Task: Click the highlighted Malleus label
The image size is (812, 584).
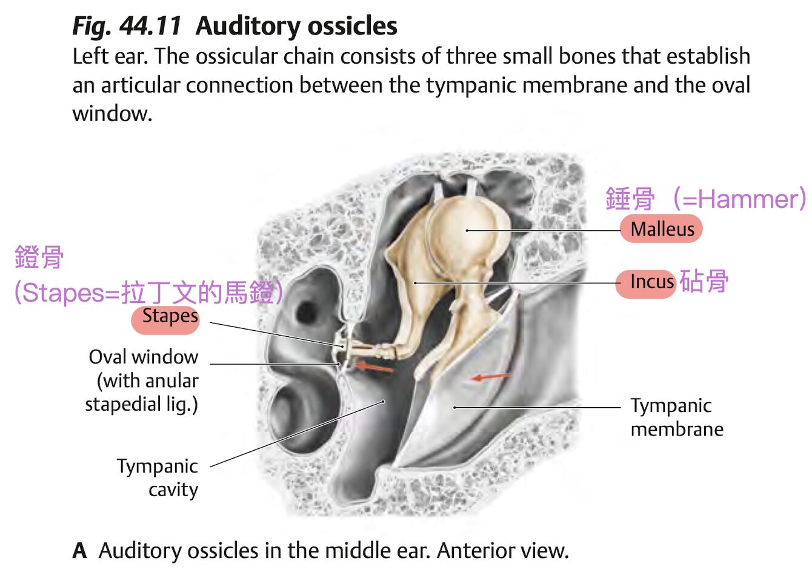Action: pyautogui.click(x=661, y=229)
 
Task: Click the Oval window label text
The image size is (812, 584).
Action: pyautogui.click(x=144, y=357)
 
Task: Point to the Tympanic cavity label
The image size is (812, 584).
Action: pyautogui.click(x=158, y=478)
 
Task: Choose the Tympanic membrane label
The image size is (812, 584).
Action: pyautogui.click(x=677, y=417)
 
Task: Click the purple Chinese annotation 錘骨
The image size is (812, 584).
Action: pyautogui.click(x=630, y=198)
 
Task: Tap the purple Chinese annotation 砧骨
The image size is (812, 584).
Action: pyautogui.click(x=704, y=281)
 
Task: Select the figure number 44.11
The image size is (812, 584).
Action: pyautogui.click(x=150, y=26)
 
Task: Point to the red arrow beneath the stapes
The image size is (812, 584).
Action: pyautogui.click(x=374, y=367)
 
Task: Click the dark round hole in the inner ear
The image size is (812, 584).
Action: pyautogui.click(x=305, y=314)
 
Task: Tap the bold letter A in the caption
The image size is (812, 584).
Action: pyautogui.click(x=80, y=551)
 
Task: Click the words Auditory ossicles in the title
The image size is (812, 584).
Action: pyautogui.click(x=296, y=26)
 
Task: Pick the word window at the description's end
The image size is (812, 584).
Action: pyautogui.click(x=112, y=114)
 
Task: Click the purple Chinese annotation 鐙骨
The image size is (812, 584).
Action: pyautogui.click(x=39, y=257)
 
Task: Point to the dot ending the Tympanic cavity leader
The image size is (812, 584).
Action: pyautogui.click(x=383, y=402)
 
